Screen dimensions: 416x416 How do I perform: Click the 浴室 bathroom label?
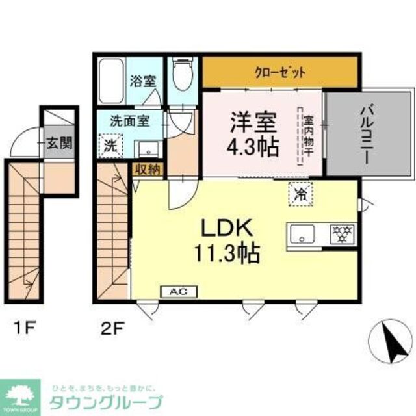tap(142, 81)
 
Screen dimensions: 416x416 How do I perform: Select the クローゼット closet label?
tap(279, 72)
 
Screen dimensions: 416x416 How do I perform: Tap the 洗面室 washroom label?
tap(130, 120)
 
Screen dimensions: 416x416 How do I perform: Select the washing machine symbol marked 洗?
tap(110, 144)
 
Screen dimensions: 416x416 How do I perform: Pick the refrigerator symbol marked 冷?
tap(300, 192)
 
